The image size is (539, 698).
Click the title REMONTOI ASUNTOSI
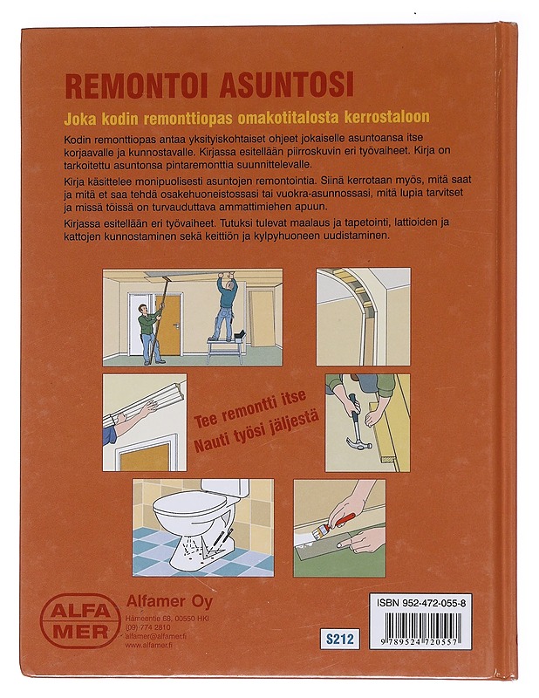209,85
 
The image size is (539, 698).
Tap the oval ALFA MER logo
80,620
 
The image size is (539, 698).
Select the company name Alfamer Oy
169,601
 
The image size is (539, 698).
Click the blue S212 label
339,640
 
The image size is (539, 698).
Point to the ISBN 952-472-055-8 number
421,603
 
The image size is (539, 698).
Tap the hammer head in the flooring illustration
358,444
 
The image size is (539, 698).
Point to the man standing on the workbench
225,307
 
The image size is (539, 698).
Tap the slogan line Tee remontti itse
249,408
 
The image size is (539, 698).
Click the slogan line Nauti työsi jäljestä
256,432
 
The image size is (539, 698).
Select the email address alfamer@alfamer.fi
156,636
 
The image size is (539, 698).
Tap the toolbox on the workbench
240,335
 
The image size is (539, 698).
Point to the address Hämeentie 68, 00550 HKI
167,619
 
